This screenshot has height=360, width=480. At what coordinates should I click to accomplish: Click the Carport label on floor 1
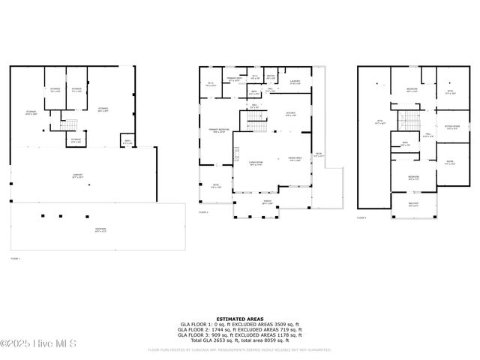tap(76, 177)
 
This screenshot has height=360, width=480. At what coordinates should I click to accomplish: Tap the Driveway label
tap(100, 229)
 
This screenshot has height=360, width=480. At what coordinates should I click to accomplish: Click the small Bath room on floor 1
tap(127, 141)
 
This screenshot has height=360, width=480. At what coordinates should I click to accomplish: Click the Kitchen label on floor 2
tap(291, 114)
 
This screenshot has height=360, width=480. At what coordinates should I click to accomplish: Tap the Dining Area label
tap(295, 158)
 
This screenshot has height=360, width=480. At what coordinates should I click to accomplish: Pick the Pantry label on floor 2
tap(271, 76)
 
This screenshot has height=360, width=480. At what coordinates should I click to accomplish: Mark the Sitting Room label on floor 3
tap(452, 127)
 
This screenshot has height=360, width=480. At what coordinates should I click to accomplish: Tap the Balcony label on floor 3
tap(413, 205)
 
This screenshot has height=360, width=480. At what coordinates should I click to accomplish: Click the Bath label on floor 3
tap(405, 144)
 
